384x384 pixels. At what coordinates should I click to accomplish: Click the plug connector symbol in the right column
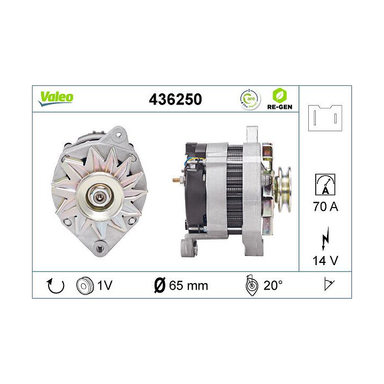pos(325,117)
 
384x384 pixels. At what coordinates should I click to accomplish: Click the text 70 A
pos(325,206)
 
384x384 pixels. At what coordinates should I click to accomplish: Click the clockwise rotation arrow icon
pos(55,285)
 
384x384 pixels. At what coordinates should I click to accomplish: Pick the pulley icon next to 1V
pos(85,285)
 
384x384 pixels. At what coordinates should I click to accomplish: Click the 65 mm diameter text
pos(187,285)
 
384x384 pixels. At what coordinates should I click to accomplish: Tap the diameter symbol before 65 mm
pos(159,285)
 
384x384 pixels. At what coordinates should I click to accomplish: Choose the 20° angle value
pos(273,285)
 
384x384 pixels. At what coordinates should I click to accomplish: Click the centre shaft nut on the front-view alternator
pos(100,196)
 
